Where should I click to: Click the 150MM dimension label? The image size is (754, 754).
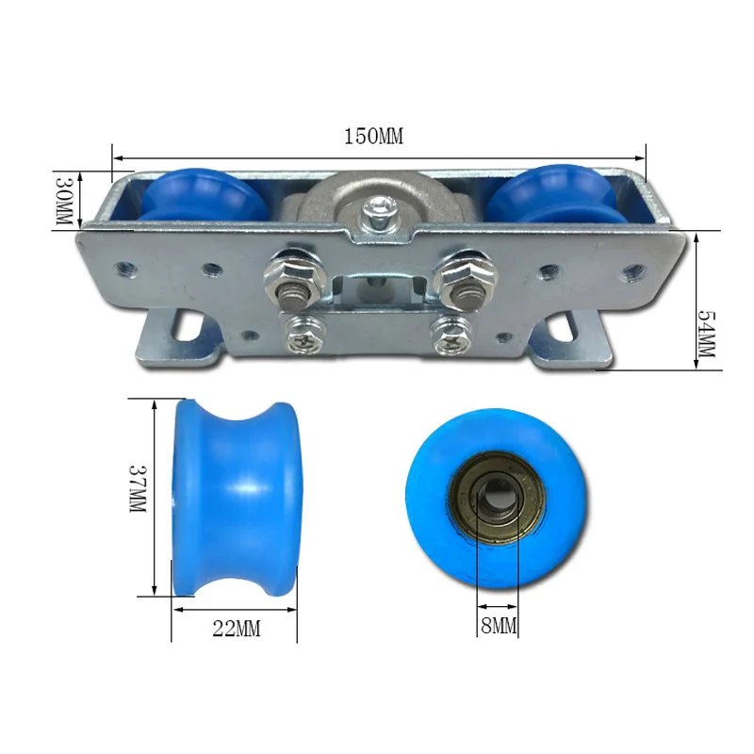(x=372, y=136)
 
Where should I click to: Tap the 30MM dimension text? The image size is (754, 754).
(x=64, y=200)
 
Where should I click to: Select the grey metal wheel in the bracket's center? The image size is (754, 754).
(x=377, y=203)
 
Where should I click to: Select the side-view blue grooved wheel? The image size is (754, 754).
(x=236, y=497)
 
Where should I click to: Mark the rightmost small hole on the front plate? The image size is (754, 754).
(x=631, y=275)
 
